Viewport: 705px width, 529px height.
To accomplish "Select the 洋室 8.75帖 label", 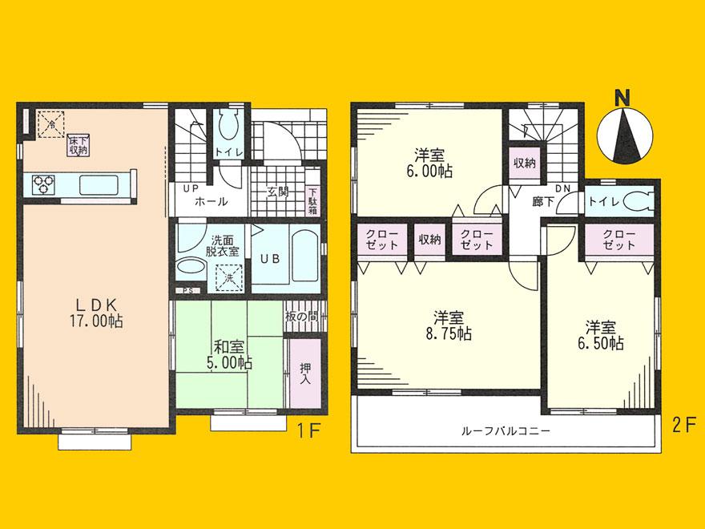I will coord(447,325).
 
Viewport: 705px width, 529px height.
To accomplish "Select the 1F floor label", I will coord(308,430).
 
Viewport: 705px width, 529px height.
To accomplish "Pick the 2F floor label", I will coord(683,425).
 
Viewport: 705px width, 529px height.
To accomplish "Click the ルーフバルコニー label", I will coord(505,431).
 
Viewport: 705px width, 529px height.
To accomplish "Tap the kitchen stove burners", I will coord(42,184).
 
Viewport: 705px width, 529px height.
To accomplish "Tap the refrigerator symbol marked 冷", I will coord(50,124).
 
